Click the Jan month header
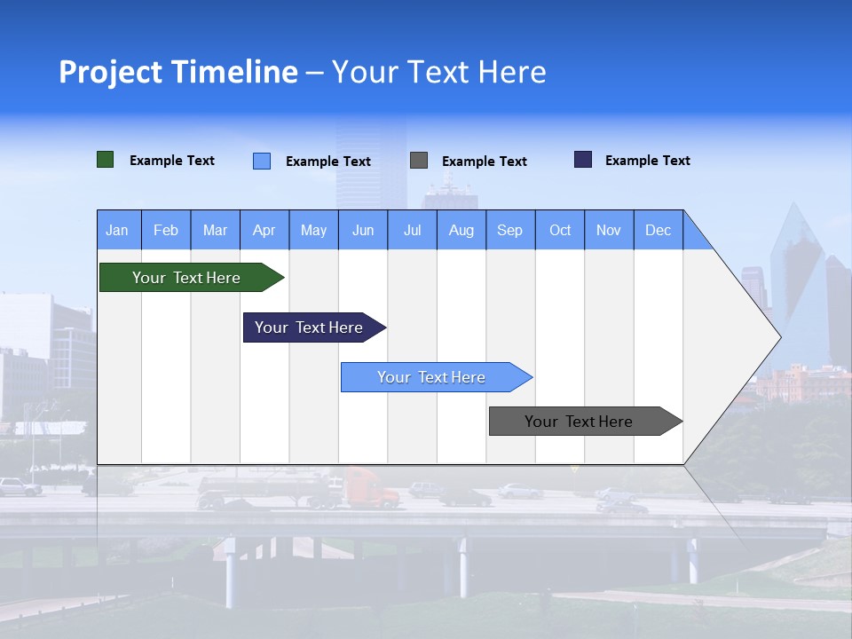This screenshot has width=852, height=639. [x=117, y=230]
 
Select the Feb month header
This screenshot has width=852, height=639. [x=166, y=230]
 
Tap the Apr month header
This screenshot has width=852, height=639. [x=264, y=230]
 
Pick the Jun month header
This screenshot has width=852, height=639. [x=363, y=230]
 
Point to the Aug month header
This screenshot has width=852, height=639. [x=461, y=230]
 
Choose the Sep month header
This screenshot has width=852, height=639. [x=510, y=230]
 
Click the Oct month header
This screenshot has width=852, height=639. [x=560, y=230]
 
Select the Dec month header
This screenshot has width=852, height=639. [x=659, y=230]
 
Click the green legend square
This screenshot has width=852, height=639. [x=106, y=160]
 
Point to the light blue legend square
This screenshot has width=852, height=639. [x=262, y=161]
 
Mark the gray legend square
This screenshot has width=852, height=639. [x=419, y=161]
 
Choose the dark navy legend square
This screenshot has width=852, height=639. [x=583, y=160]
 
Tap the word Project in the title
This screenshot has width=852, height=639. [x=110, y=72]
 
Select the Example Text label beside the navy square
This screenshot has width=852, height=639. [x=647, y=161]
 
